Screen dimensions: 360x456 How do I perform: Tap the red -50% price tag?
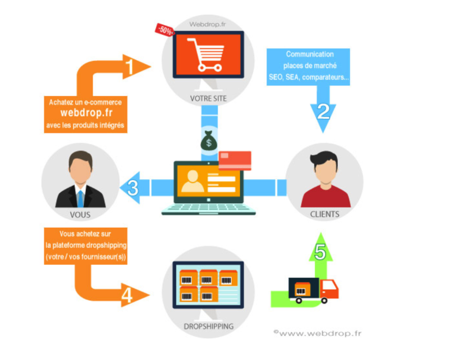[x=164, y=30]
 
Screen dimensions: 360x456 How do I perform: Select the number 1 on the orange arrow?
[x=130, y=67]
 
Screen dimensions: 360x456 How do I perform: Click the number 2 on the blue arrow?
[x=323, y=111]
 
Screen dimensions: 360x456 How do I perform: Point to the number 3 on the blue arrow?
[x=133, y=188]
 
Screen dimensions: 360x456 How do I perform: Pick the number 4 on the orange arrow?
[x=127, y=295]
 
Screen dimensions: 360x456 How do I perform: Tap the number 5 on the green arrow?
[x=320, y=252]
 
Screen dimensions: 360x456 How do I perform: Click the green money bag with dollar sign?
[x=208, y=140]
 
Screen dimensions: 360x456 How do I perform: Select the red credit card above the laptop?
[x=235, y=160]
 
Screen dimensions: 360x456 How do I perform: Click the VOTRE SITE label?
[x=208, y=98]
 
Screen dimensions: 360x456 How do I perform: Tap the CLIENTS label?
[x=325, y=214]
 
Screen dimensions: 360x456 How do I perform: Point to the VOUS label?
[x=80, y=215]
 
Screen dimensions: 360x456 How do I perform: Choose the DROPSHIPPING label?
[x=208, y=327]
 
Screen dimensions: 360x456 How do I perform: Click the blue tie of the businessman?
[x=81, y=198]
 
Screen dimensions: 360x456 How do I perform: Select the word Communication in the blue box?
[x=309, y=54]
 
